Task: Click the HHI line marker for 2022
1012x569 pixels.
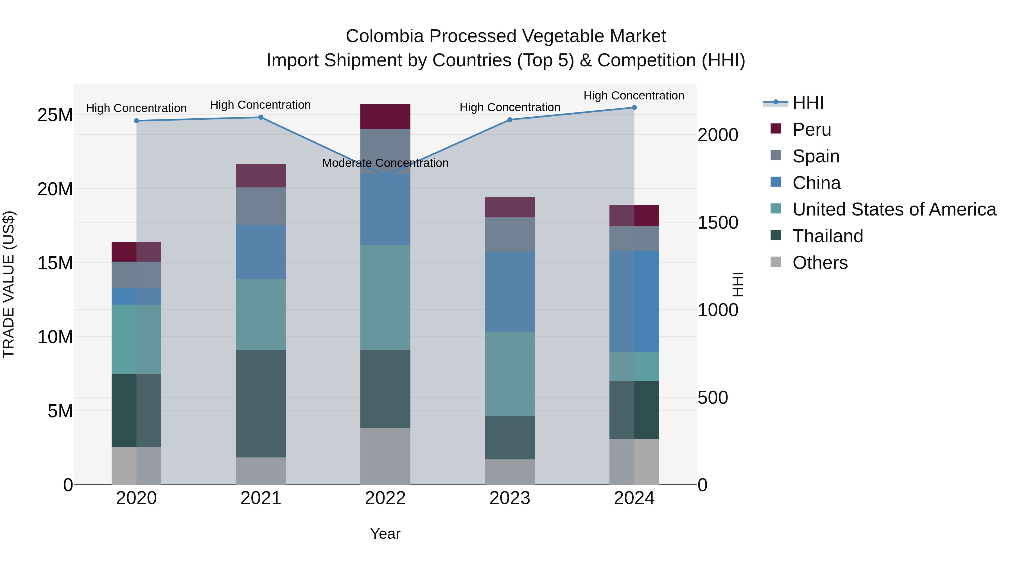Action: click(x=385, y=176)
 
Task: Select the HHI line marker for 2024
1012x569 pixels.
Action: click(x=634, y=108)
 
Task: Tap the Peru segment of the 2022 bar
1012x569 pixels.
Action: click(x=385, y=117)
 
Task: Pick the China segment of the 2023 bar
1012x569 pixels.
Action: click(x=510, y=291)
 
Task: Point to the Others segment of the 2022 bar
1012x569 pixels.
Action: click(x=385, y=456)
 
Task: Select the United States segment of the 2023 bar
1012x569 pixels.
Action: click(x=510, y=373)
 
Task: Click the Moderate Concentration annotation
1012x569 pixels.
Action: click(x=385, y=163)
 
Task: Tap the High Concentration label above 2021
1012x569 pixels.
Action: click(x=261, y=105)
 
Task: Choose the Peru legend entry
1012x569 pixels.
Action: click(x=811, y=130)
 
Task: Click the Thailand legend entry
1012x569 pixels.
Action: click(x=827, y=236)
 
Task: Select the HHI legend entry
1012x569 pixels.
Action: click(x=808, y=103)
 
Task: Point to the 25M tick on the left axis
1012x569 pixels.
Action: click(x=55, y=115)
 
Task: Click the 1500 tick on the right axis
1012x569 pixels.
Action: click(x=718, y=223)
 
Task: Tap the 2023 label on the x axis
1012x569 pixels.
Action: click(x=510, y=498)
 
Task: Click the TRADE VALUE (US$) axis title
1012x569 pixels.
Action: click(x=9, y=284)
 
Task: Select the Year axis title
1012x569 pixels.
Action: click(x=385, y=534)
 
